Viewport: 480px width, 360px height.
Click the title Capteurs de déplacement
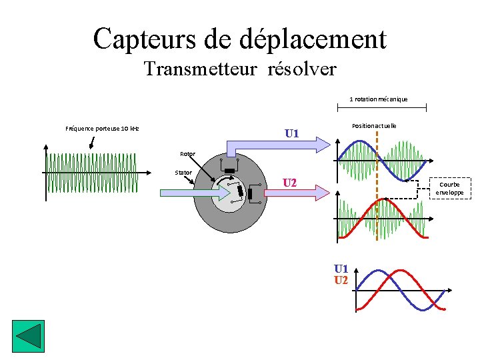pyautogui.click(x=239, y=39)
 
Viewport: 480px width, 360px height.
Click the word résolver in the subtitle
pyautogui.click(x=301, y=69)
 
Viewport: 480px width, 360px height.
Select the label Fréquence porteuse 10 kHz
pyautogui.click(x=102, y=128)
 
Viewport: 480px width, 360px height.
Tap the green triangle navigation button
pyautogui.click(x=27, y=335)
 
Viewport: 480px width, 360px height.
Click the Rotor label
pyautogui.click(x=187, y=154)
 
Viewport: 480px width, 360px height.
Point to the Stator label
pyautogui.click(x=183, y=173)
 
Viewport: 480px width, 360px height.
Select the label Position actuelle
pyautogui.click(x=373, y=125)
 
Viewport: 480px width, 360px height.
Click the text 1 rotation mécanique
pyautogui.click(x=379, y=99)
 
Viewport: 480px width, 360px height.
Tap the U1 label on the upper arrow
pyautogui.click(x=291, y=134)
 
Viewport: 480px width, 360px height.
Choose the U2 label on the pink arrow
pyautogui.click(x=290, y=183)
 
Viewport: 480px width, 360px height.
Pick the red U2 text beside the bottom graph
pyautogui.click(x=341, y=280)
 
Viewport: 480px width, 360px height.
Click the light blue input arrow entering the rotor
pyautogui.click(x=193, y=192)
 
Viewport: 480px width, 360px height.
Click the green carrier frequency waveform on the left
pyautogui.click(x=91, y=173)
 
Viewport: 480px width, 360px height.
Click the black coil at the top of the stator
pyautogui.click(x=230, y=171)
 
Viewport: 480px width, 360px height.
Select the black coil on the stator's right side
pyautogui.click(x=250, y=194)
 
